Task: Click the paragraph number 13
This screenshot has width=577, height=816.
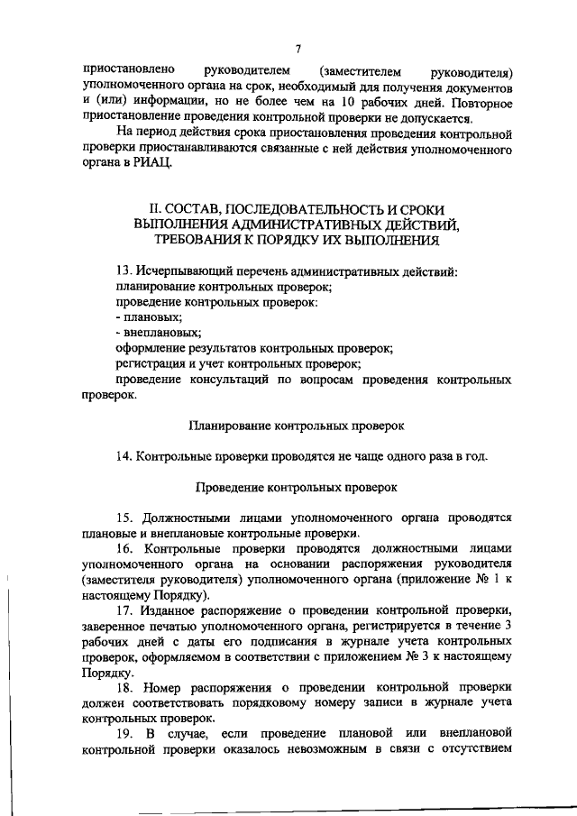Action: point(123,271)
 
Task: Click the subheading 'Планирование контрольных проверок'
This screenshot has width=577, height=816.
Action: point(297,424)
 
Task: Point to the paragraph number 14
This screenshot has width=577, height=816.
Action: point(123,455)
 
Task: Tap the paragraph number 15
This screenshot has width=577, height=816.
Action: point(124,517)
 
